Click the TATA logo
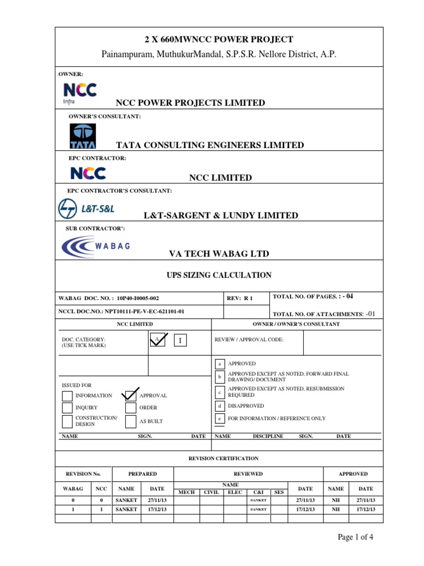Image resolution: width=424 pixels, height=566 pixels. point(83,136)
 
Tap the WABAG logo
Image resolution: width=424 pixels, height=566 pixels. point(96,246)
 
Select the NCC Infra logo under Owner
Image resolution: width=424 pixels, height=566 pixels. point(80,93)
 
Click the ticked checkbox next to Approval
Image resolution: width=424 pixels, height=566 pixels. point(131,395)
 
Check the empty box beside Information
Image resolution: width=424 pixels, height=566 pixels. point(67,395)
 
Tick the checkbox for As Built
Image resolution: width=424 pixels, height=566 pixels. point(131,422)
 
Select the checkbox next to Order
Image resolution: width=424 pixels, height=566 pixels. point(131,408)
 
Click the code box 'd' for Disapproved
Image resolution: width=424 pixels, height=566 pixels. point(219,406)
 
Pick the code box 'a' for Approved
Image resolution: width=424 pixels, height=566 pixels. point(219,364)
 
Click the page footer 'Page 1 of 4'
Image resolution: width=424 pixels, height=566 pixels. point(359,537)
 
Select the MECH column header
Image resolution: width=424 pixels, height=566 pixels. point(186,492)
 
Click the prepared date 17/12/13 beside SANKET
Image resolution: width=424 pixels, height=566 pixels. point(158,509)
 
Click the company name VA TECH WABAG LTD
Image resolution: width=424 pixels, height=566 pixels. point(219,254)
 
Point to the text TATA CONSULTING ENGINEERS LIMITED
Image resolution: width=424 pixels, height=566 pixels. point(210,145)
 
